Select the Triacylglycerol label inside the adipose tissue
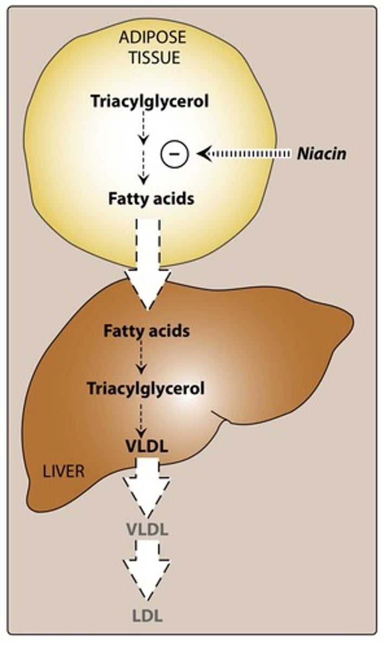pos(150,101)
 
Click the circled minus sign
pos(174,154)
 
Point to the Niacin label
pos(321,154)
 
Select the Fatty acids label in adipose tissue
pos(150,198)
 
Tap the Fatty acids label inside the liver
pos(147,330)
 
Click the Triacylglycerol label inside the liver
pos(147,388)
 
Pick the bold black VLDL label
pos(147,447)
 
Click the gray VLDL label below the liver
pos(147,529)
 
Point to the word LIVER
pos(64,471)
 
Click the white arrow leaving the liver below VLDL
pos(147,486)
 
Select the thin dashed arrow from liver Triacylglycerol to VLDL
pos(142,418)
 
